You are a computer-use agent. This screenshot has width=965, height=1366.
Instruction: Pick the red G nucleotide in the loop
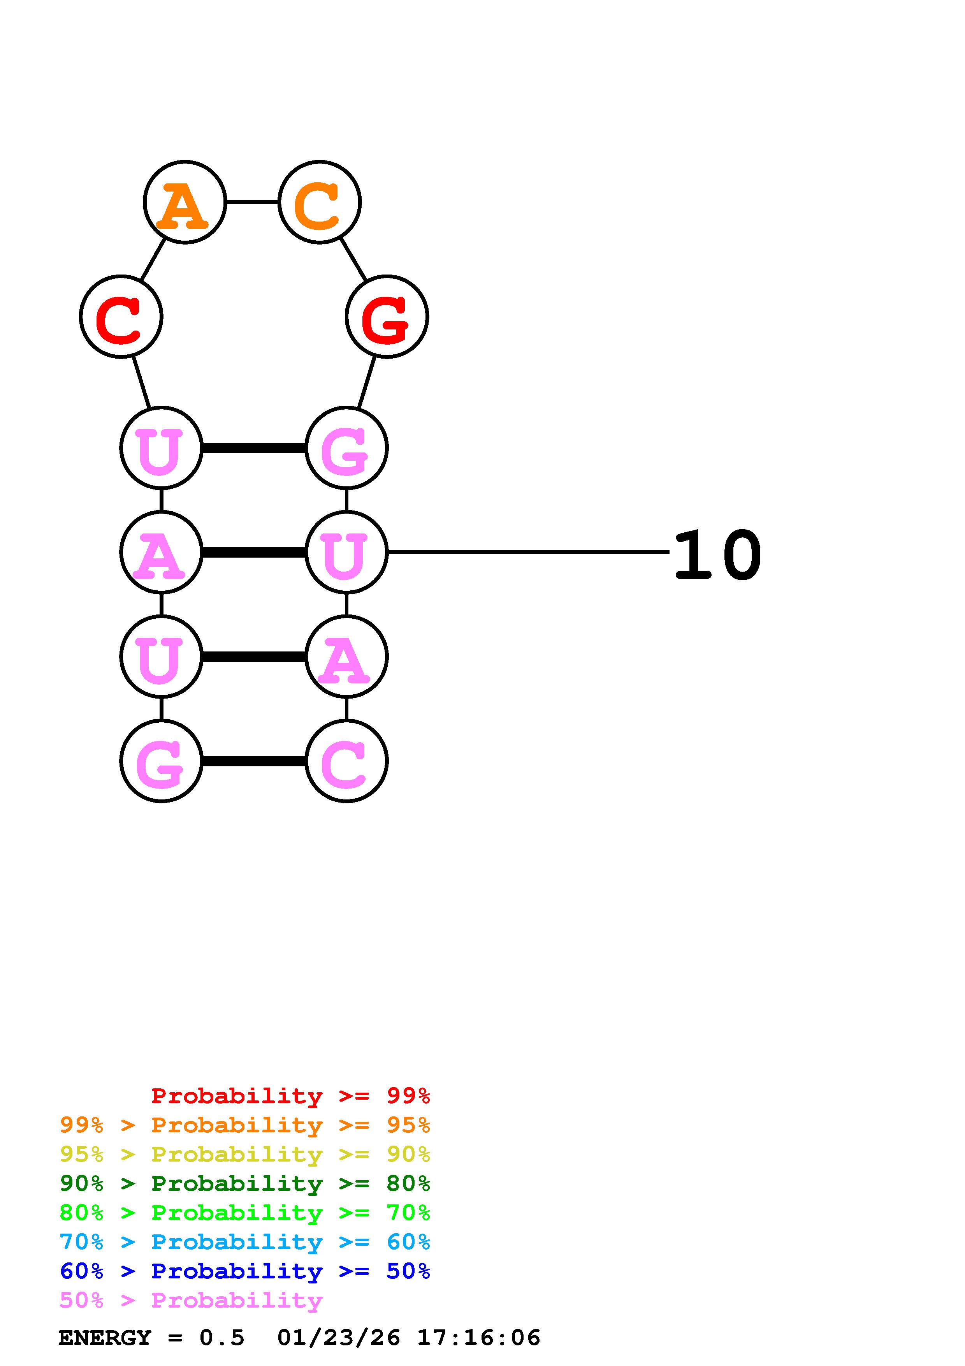coord(387,317)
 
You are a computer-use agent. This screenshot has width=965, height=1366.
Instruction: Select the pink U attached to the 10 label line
coord(346,552)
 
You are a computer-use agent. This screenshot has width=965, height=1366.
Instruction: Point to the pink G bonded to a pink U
coord(346,448)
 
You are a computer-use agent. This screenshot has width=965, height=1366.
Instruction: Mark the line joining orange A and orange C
coord(252,202)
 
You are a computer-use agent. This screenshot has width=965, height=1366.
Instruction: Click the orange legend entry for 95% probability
coord(245,1125)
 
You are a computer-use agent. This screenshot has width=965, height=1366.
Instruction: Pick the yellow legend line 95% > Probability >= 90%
coord(245,1154)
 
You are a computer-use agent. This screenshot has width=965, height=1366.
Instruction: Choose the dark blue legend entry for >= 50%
coord(245,1271)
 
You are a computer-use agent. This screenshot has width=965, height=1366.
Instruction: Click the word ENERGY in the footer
coord(105,1338)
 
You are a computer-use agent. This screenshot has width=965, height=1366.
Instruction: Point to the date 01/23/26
coord(338,1338)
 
